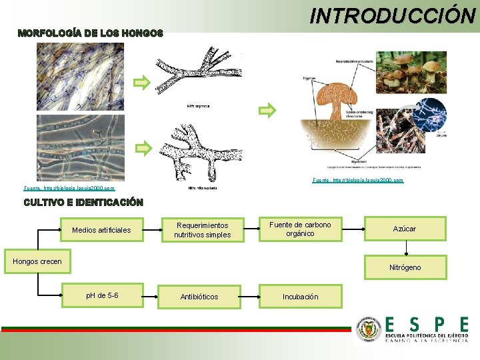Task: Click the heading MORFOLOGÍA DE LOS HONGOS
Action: pyautogui.click(x=90, y=33)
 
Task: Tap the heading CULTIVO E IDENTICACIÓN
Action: pyautogui.click(x=83, y=202)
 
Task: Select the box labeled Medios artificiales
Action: pyautogui.click(x=101, y=230)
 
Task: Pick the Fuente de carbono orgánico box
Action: pyautogui.click(x=300, y=229)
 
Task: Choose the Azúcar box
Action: pyautogui.click(x=405, y=229)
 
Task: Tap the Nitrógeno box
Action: pyautogui.click(x=405, y=267)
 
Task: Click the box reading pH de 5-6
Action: pyautogui.click(x=103, y=295)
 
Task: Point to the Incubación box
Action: pyautogui.click(x=301, y=297)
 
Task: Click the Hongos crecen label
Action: pyautogui.click(x=37, y=261)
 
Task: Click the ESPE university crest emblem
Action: pyautogui.click(x=367, y=330)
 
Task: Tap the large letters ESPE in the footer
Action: pyautogui.click(x=427, y=325)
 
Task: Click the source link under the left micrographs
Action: pyautogui.click(x=73, y=189)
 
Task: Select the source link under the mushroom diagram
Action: pyautogui.click(x=357, y=181)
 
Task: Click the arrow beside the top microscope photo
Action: pyautogui.click(x=142, y=83)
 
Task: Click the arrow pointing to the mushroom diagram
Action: pyautogui.click(x=267, y=110)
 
